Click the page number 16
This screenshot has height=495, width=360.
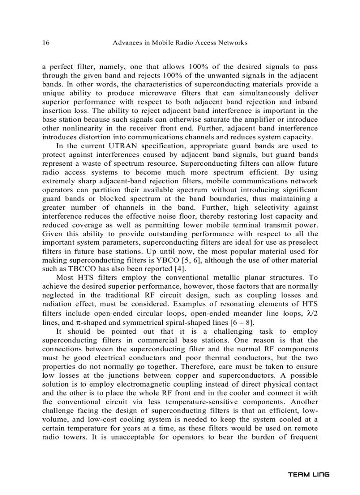point(45,43)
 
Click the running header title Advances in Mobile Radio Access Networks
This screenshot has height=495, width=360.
point(180,43)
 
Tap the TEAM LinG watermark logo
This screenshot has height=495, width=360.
point(309,475)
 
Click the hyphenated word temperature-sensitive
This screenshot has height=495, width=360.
point(196,402)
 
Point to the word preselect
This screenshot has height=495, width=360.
point(304,243)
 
